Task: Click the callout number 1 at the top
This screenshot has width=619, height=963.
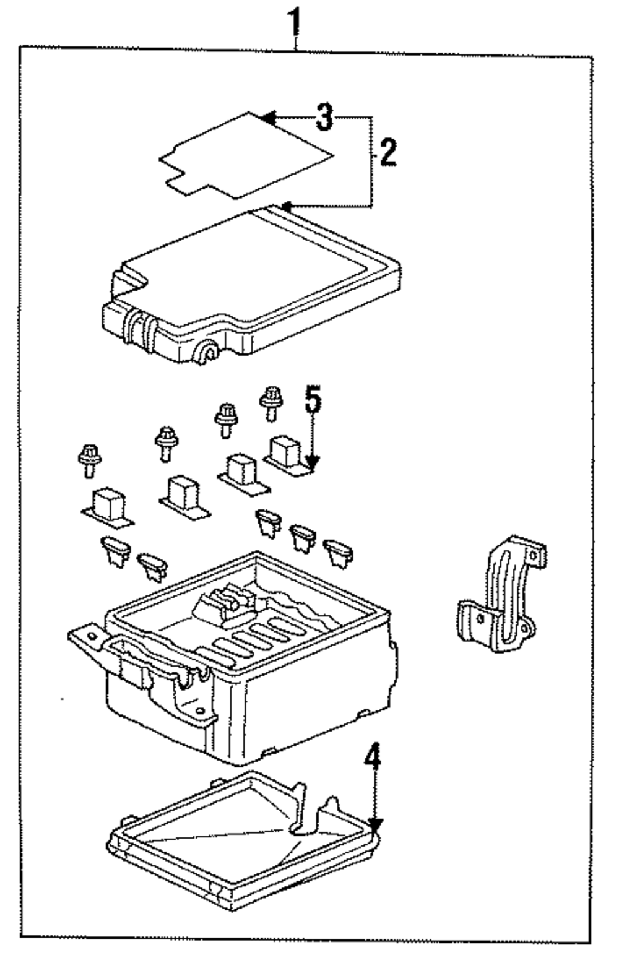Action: pyautogui.click(x=296, y=23)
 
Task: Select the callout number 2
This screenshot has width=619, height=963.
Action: pyautogui.click(x=388, y=152)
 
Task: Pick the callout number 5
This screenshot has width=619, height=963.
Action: pyautogui.click(x=313, y=400)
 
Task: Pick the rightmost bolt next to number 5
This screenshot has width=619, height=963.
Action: pyautogui.click(x=271, y=402)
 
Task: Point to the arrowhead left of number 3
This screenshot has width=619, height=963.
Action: pyautogui.click(x=268, y=117)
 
